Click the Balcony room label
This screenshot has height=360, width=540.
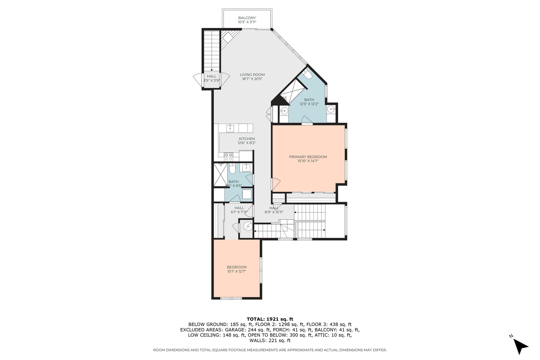[x=247, y=18]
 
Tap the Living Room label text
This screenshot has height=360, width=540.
[x=252, y=75]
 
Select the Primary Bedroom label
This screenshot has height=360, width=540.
[x=308, y=157]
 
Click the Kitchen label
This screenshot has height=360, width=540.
[x=247, y=139]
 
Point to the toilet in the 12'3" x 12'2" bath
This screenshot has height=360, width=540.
[x=307, y=75]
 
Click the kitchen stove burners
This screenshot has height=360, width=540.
[x=229, y=157]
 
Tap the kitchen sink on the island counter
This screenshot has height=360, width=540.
[x=230, y=128]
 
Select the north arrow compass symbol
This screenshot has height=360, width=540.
[x=520, y=346]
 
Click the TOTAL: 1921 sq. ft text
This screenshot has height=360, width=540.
[x=270, y=319]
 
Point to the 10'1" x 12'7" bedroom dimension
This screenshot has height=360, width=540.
[x=237, y=271]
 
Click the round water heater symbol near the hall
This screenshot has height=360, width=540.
[x=248, y=226]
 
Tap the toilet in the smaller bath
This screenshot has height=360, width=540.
[x=232, y=169]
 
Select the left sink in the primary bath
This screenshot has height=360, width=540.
[x=284, y=110]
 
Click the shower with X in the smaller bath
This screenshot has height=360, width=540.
[x=220, y=174]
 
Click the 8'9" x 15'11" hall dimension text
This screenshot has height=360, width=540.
[x=274, y=212]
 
